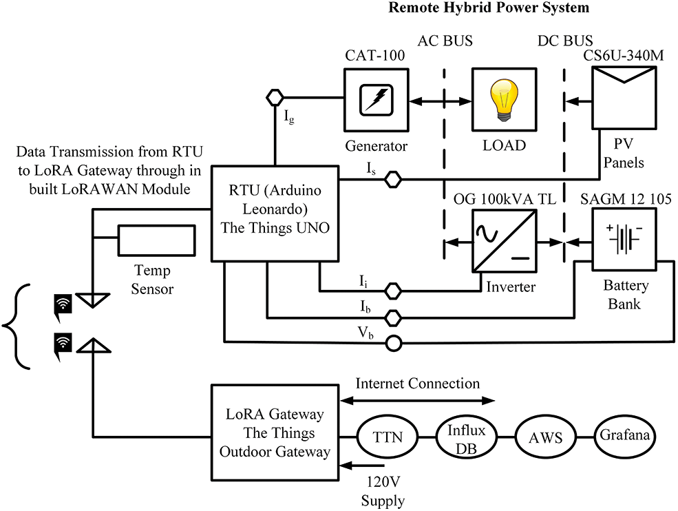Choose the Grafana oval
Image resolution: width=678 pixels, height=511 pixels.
tap(624, 436)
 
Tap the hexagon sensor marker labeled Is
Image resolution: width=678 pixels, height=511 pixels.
tap(393, 179)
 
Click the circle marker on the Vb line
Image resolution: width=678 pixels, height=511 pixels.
tap(393, 341)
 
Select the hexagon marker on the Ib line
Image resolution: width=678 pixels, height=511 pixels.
tap(393, 317)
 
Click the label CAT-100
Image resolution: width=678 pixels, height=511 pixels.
tap(376, 56)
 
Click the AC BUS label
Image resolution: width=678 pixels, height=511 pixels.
tap(445, 41)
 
